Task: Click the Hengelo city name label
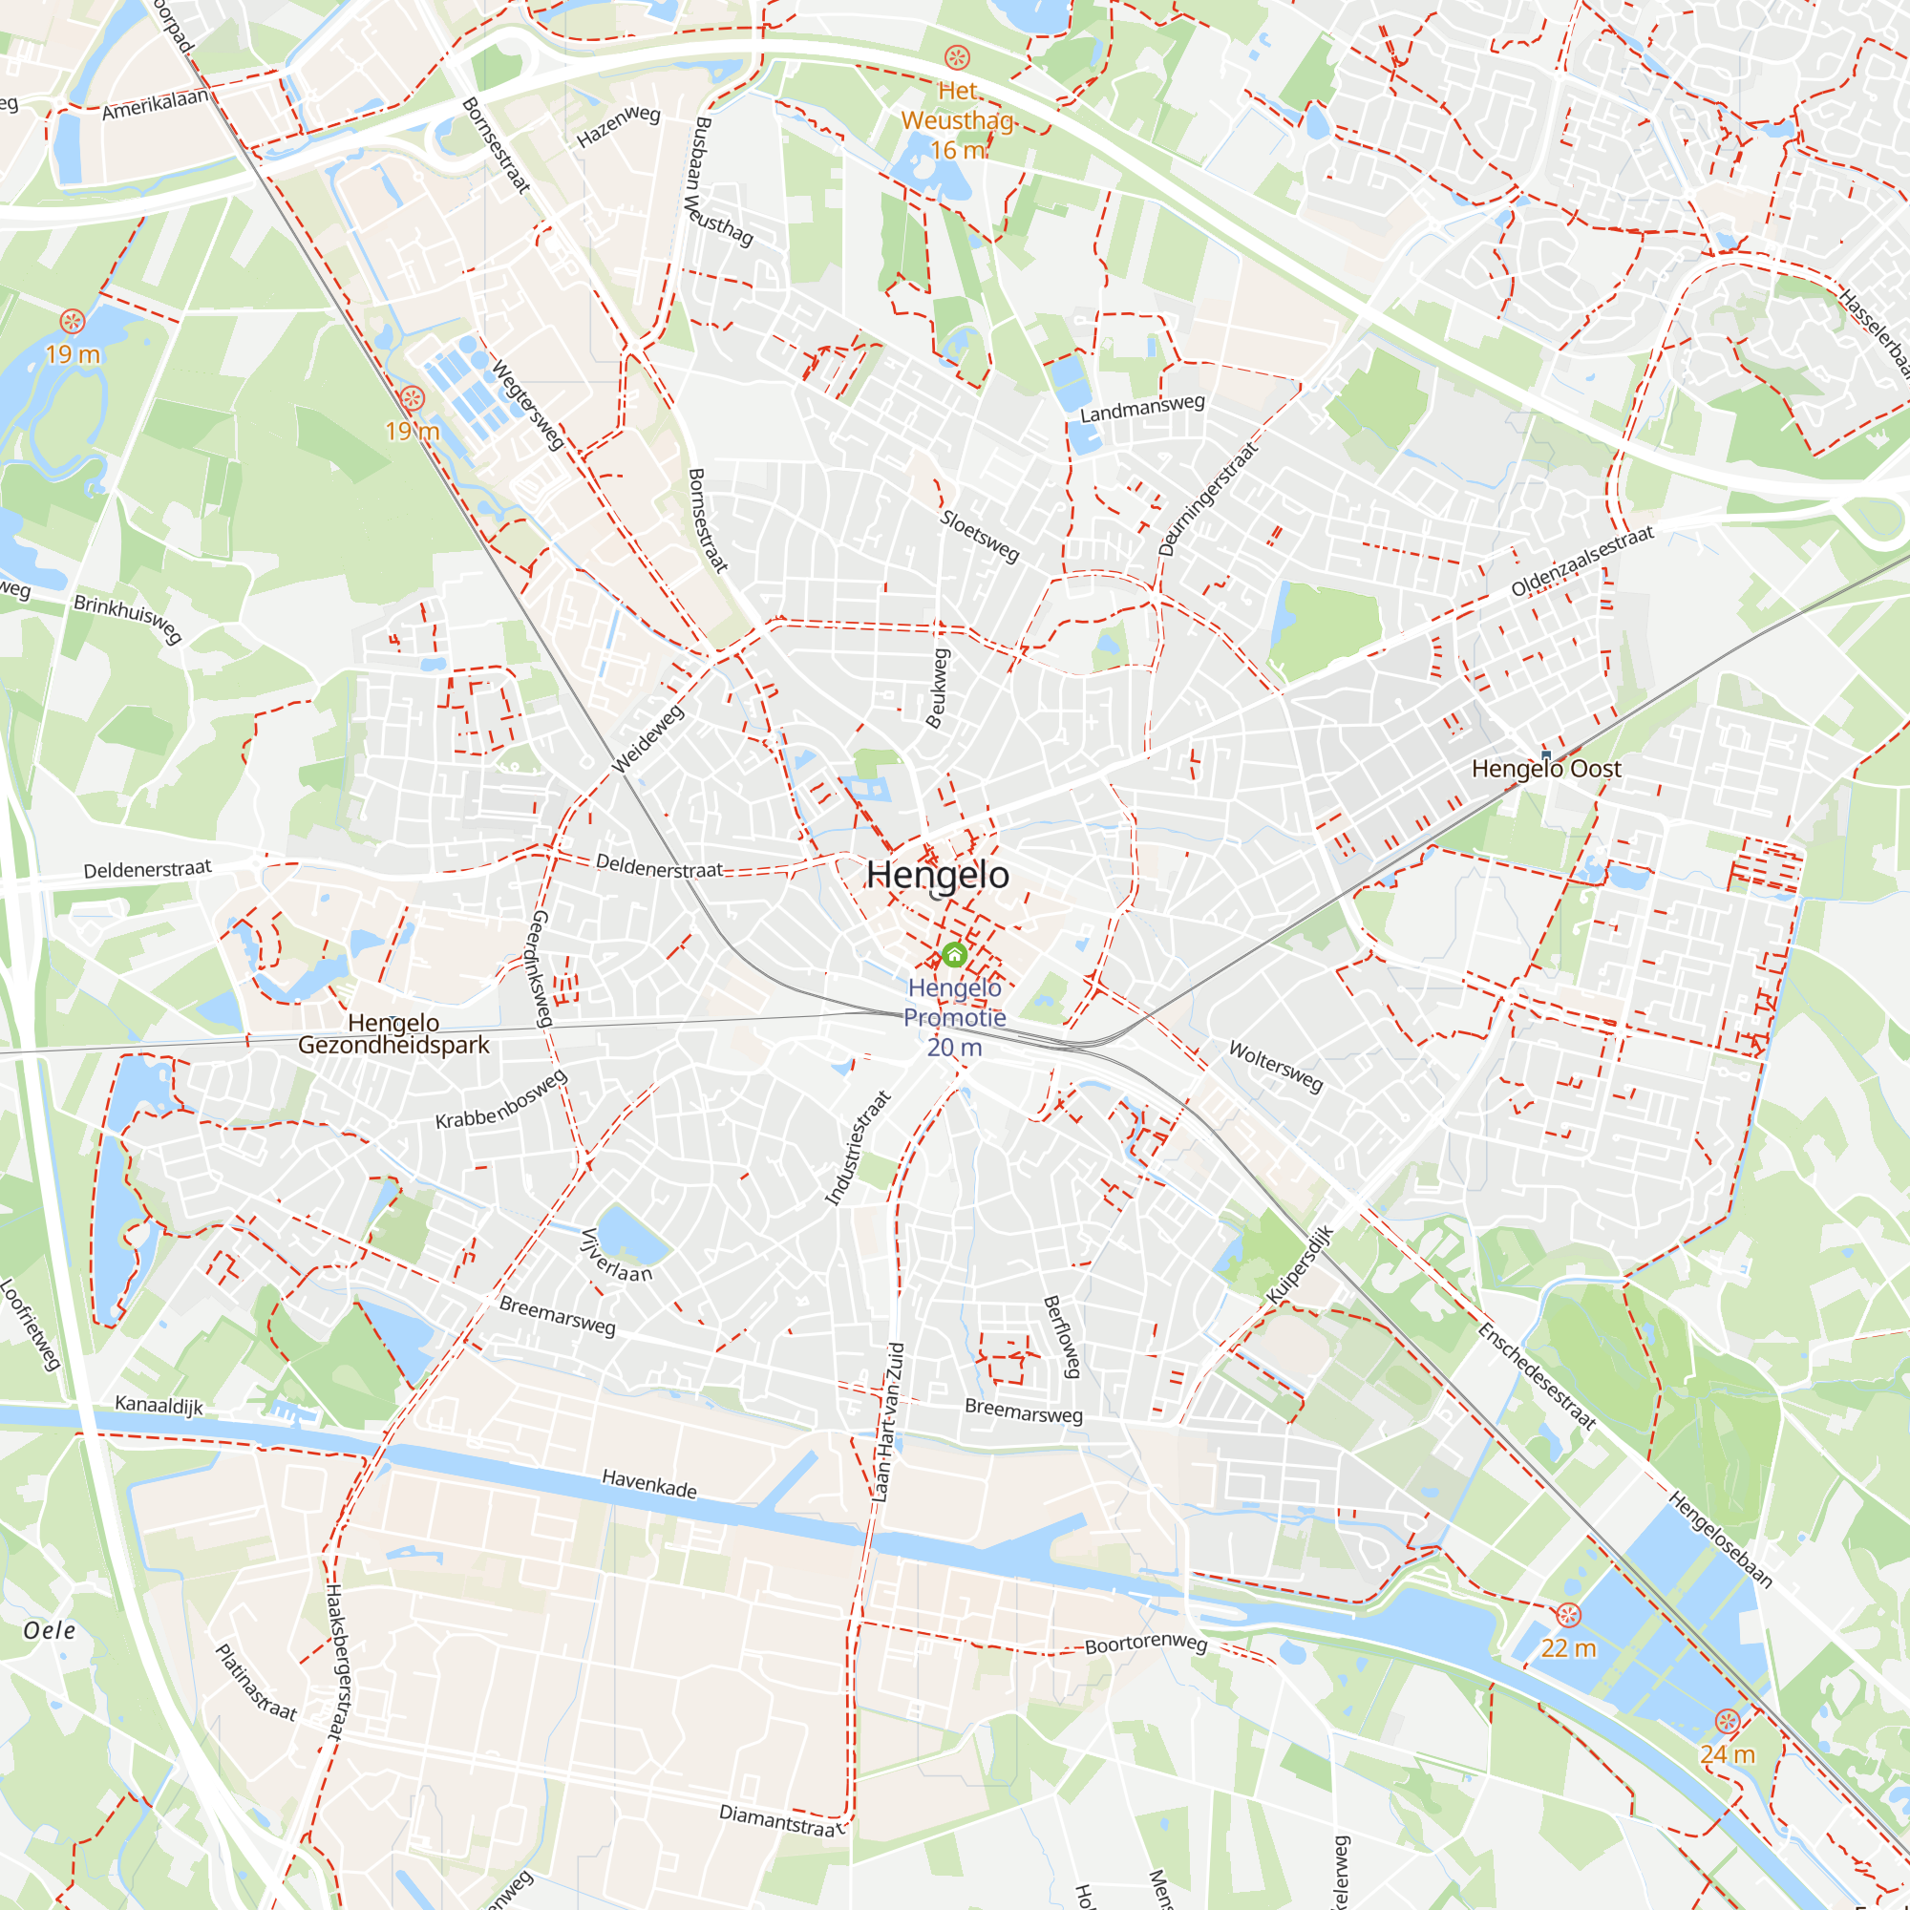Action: click(x=937, y=875)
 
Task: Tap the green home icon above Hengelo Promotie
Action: click(x=954, y=955)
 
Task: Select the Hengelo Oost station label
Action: click(x=1546, y=768)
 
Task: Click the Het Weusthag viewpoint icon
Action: click(x=957, y=56)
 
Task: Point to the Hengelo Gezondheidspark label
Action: click(x=393, y=1034)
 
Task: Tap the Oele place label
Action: click(x=50, y=1630)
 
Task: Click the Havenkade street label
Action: click(x=649, y=1484)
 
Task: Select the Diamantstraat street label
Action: click(x=782, y=1820)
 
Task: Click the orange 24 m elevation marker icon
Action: click(x=1727, y=1721)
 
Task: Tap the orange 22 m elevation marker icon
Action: click(x=1569, y=1616)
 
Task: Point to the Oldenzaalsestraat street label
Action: click(x=1581, y=562)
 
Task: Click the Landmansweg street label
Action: click(x=1142, y=409)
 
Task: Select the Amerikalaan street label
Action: click(x=156, y=104)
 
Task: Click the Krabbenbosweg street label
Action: click(x=501, y=1098)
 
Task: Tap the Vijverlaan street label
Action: click(x=616, y=1255)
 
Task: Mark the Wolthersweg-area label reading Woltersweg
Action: click(x=1275, y=1066)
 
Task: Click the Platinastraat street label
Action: click(x=256, y=1681)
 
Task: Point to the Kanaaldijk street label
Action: click(x=159, y=1405)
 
